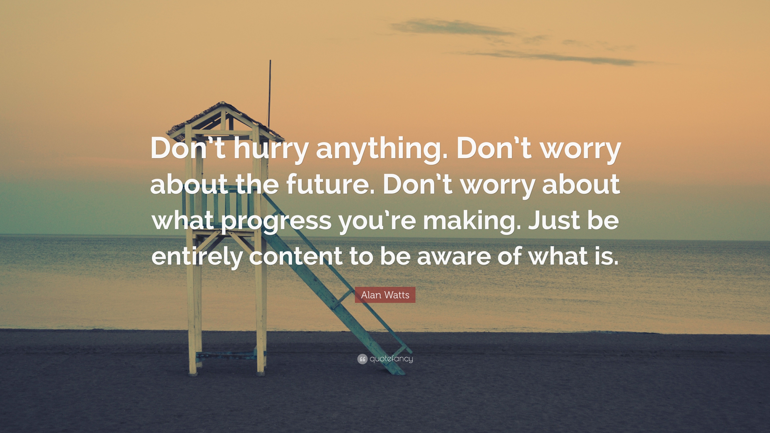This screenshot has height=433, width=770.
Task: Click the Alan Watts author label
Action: click(x=385, y=295)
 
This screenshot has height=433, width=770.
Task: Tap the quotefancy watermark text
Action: click(x=391, y=359)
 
